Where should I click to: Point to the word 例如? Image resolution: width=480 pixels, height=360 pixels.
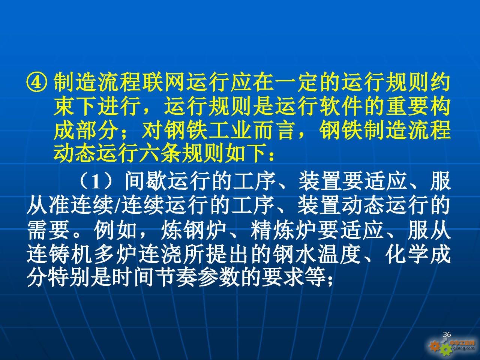point(115,231)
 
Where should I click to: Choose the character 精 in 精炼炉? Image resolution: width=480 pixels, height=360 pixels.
point(261,231)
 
